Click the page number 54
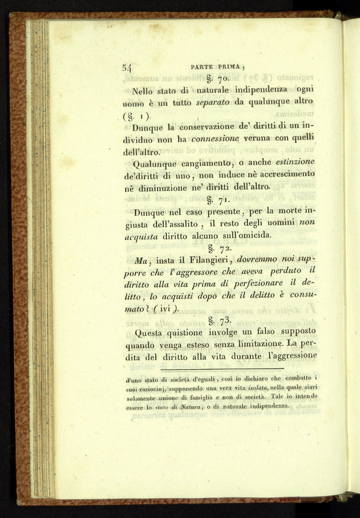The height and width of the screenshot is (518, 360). pyautogui.click(x=127, y=68)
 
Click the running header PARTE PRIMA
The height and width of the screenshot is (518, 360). pyautogui.click(x=218, y=67)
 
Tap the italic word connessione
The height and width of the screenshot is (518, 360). pyautogui.click(x=218, y=138)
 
